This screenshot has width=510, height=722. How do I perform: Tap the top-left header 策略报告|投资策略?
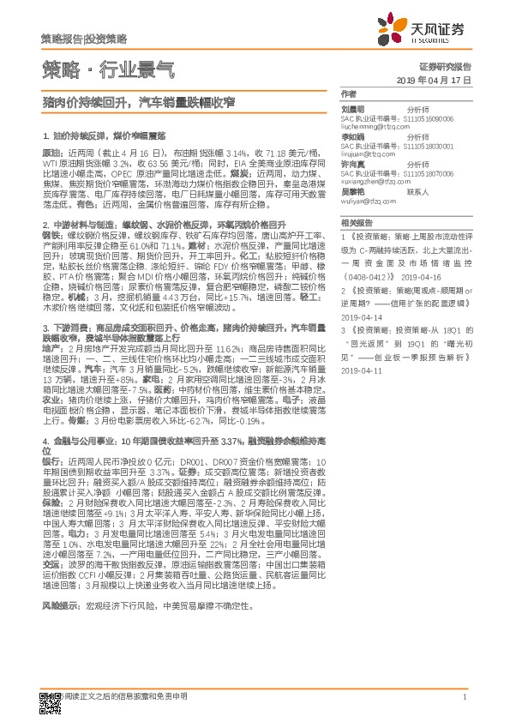tap(83, 39)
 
